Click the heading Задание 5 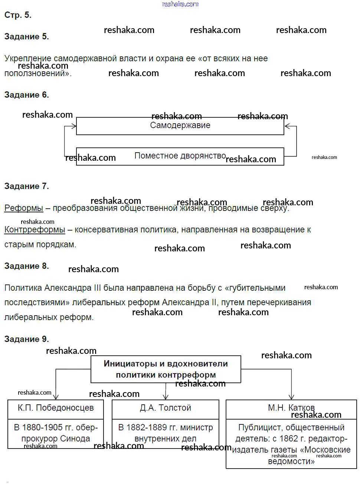26,36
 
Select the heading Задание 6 26,95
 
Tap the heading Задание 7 26,186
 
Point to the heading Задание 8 26,266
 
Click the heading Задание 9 26,339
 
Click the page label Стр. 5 18,15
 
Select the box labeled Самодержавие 180,125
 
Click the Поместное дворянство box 180,156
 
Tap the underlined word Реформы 23,208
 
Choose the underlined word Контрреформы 35,229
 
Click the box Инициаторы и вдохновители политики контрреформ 166,369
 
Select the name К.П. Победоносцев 56,408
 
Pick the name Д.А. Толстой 166,408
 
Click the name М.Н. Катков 291,408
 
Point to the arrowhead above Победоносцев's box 56,397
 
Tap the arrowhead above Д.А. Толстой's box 166,397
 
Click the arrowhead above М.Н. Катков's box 291,397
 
